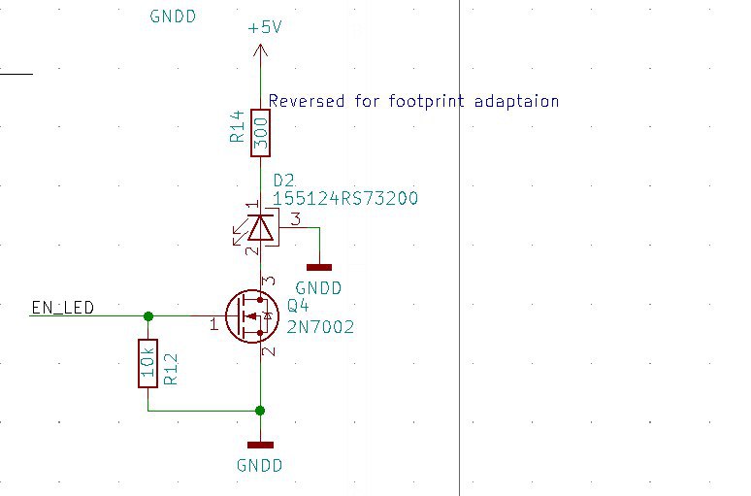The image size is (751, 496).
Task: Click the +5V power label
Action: (x=265, y=28)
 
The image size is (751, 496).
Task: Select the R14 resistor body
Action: (x=260, y=132)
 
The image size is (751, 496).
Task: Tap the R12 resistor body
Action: (x=147, y=363)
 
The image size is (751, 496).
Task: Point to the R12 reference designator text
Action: (x=171, y=368)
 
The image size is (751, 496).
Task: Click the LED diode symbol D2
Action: (x=260, y=228)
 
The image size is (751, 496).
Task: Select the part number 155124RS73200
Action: (x=345, y=199)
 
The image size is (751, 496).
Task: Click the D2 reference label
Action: (x=283, y=181)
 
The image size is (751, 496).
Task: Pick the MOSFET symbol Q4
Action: (x=249, y=316)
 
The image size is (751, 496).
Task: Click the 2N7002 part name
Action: (x=320, y=328)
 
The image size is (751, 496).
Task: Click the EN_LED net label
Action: (x=63, y=308)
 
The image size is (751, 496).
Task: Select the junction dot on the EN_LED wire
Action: (x=147, y=315)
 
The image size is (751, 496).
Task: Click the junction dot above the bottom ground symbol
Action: (x=260, y=411)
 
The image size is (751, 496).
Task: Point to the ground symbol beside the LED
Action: (x=318, y=266)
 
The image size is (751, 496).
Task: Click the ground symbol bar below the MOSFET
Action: (x=260, y=445)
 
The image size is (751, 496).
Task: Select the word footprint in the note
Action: (x=428, y=101)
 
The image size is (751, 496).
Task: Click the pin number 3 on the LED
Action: (x=296, y=218)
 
